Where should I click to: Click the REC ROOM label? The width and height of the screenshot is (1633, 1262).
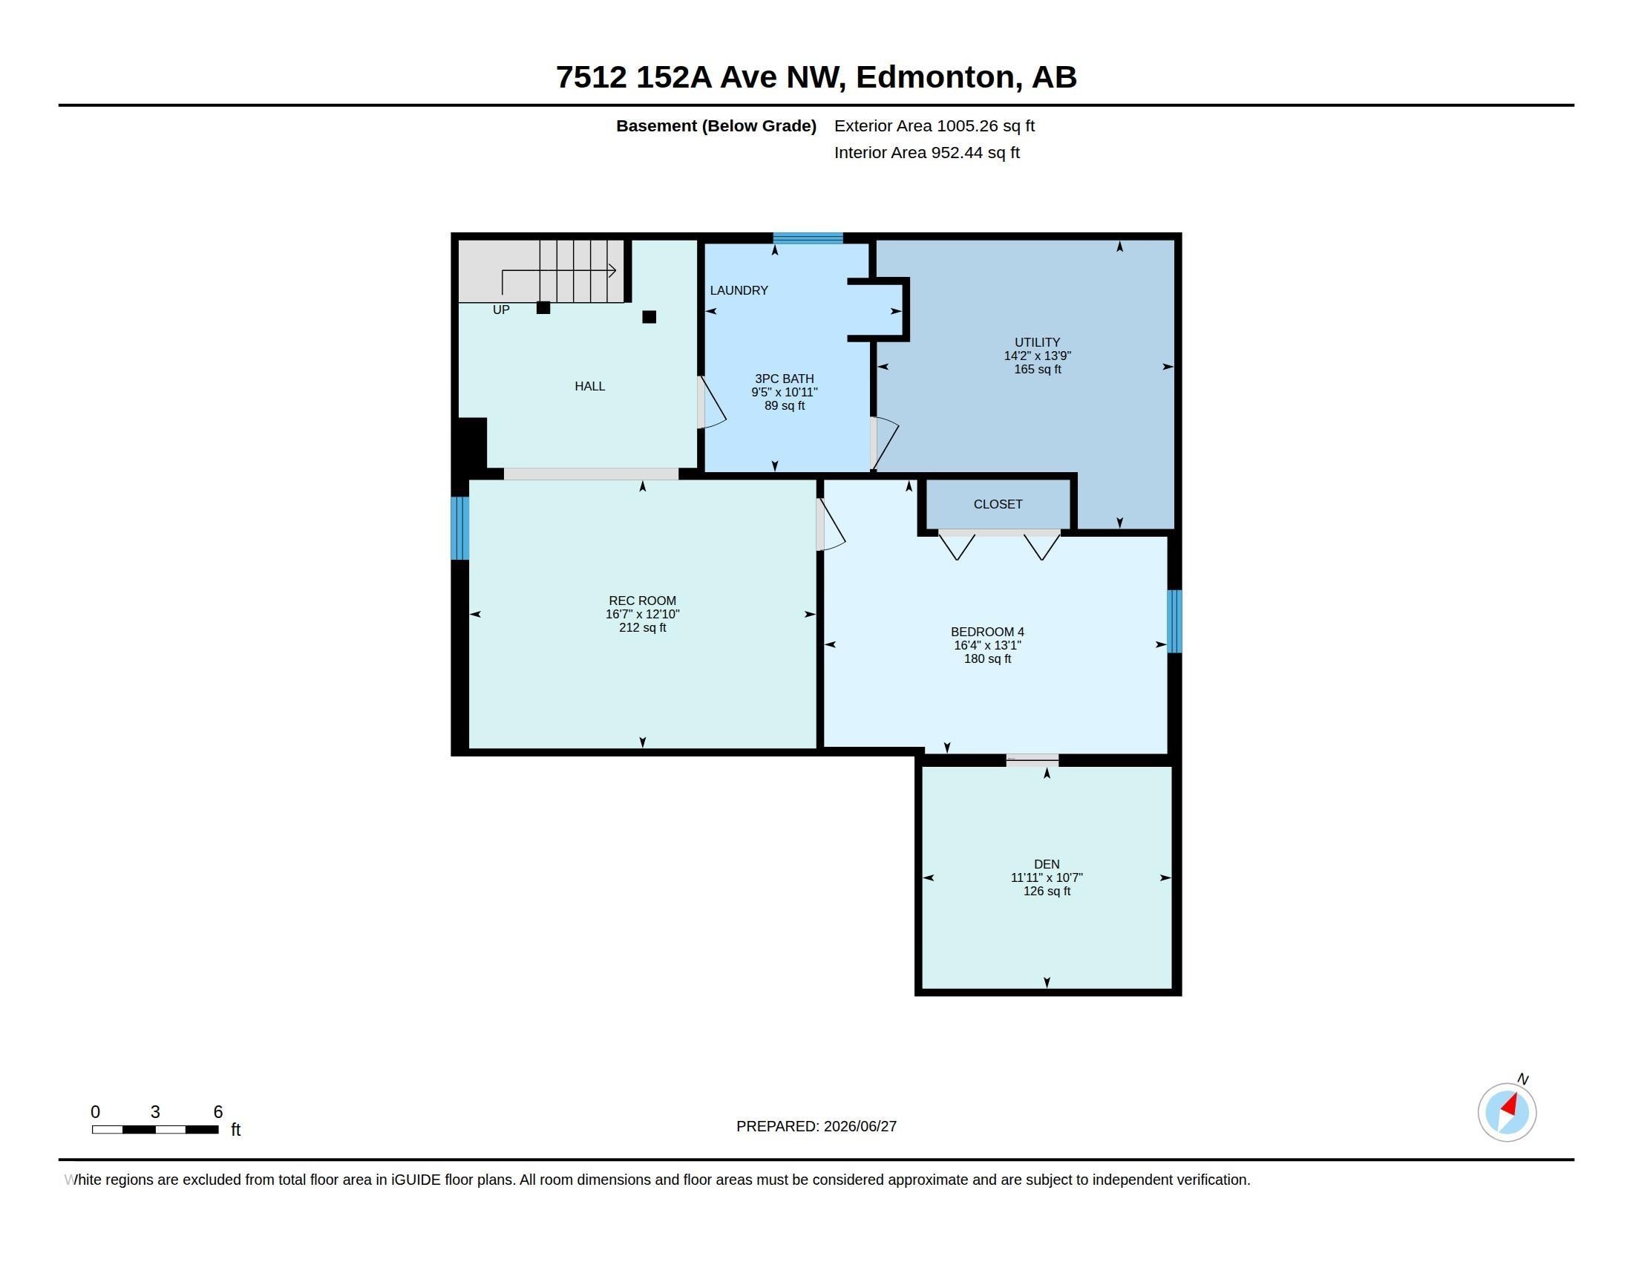[x=642, y=601]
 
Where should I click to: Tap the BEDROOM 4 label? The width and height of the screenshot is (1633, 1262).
[x=987, y=632]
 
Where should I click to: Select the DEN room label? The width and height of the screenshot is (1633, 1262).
[x=1047, y=864]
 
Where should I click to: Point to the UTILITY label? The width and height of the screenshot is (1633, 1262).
[x=1037, y=342]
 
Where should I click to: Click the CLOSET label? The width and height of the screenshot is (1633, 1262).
[x=998, y=505]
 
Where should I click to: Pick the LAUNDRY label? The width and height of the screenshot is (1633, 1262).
[x=739, y=291]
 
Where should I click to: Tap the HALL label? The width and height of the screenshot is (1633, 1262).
[x=590, y=387]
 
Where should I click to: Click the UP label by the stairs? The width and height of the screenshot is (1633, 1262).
[x=501, y=310]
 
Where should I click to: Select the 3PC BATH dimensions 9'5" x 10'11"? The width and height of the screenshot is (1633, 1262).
[x=785, y=392]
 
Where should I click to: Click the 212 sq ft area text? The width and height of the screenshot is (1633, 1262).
[x=642, y=628]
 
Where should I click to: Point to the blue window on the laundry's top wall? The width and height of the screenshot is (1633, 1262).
[x=808, y=238]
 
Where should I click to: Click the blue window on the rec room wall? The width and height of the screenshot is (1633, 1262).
[x=460, y=529]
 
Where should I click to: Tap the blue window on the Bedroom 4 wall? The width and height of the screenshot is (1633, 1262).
[x=1175, y=621]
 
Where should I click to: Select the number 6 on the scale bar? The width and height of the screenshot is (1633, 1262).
[x=218, y=1112]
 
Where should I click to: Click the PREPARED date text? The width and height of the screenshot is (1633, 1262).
[x=816, y=1127]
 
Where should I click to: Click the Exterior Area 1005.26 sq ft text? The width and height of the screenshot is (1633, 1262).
[x=935, y=126]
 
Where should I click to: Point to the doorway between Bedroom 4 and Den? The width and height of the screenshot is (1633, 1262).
[x=1032, y=760]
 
